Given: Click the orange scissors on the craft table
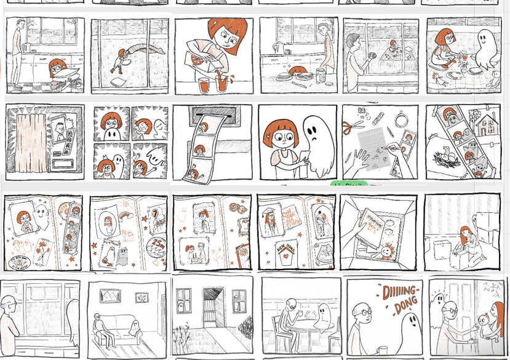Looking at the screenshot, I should (x=354, y=127).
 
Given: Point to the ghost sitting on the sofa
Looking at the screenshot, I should (x=133, y=327).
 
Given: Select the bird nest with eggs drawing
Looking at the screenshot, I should (x=448, y=158).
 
